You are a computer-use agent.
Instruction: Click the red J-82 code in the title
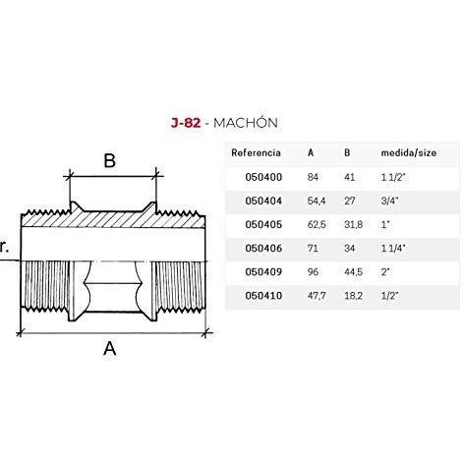[186, 123]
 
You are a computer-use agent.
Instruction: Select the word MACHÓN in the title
[246, 123]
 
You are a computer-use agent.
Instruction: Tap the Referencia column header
[256, 152]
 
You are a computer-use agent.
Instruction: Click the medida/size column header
[409, 152]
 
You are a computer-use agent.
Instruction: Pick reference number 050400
[263, 177]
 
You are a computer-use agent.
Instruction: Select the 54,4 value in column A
[317, 201]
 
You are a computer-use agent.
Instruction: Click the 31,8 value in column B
[354, 224]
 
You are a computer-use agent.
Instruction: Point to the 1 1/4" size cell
[393, 248]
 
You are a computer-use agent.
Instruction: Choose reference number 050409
[263, 272]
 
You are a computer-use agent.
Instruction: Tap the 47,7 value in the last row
[317, 296]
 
